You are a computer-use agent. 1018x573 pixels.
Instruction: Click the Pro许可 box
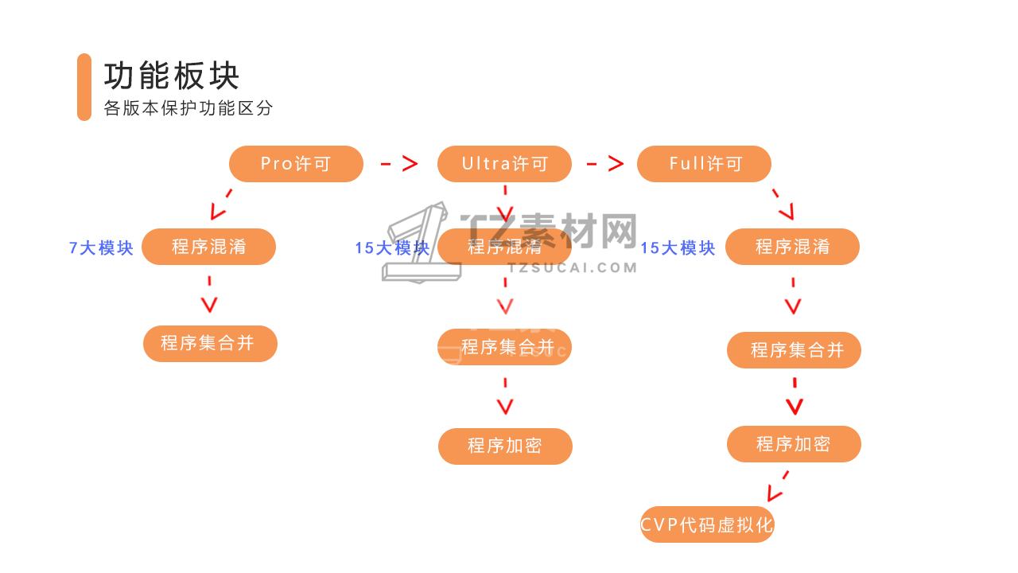(x=296, y=164)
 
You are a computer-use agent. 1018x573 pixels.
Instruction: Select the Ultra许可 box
(x=504, y=164)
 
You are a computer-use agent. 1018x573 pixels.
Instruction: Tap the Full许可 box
(x=704, y=164)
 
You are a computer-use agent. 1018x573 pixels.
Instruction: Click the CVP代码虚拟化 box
(x=707, y=524)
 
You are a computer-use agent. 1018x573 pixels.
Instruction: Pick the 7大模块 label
(x=101, y=248)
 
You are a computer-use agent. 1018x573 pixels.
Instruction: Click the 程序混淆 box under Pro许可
(x=208, y=247)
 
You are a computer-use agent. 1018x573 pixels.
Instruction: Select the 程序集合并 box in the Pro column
(x=210, y=344)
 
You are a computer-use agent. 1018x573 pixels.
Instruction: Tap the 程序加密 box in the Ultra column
(x=505, y=446)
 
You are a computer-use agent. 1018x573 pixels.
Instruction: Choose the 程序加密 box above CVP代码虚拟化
(x=794, y=444)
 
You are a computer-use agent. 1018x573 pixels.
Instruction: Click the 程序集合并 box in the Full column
(x=794, y=350)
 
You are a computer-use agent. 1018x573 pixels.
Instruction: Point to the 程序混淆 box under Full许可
(x=792, y=247)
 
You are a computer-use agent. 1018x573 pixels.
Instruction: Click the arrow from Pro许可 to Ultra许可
(x=399, y=164)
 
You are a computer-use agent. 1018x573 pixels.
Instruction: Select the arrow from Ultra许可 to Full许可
(x=605, y=164)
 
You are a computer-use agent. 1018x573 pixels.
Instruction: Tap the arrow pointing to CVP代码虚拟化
(x=777, y=486)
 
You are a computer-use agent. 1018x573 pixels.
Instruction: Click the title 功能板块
(x=172, y=76)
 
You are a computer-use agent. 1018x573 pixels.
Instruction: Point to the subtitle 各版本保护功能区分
(x=188, y=108)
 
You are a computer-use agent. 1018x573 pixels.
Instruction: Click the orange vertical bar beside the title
(x=84, y=87)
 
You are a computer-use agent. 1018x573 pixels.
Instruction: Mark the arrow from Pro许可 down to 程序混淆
(x=220, y=205)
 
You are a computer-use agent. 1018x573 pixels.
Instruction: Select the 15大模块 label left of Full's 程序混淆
(x=678, y=248)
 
